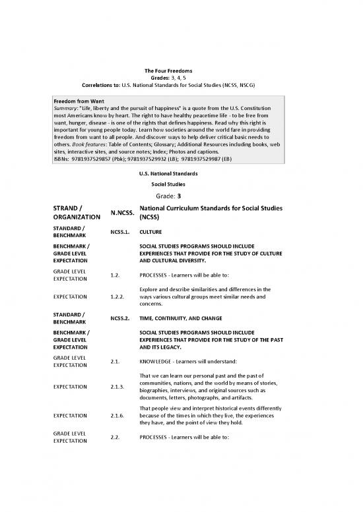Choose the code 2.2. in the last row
tap(117, 436)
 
